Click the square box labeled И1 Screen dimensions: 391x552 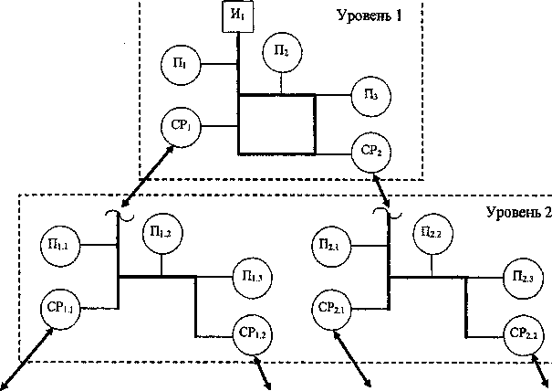pyautogui.click(x=239, y=16)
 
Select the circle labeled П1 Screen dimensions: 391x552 pyautogui.click(x=179, y=64)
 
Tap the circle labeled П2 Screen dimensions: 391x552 pyautogui.click(x=282, y=52)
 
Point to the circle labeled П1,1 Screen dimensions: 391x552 pyautogui.click(x=61, y=245)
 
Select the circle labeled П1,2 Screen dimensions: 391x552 pyautogui.click(x=162, y=234)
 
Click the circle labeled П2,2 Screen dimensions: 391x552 pyautogui.click(x=432, y=233)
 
